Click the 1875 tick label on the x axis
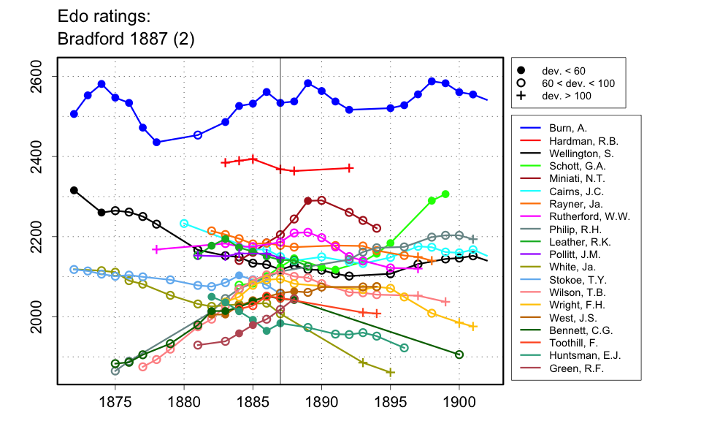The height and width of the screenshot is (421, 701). (115, 401)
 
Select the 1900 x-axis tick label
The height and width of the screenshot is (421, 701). (459, 401)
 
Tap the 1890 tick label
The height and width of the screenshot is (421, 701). (321, 401)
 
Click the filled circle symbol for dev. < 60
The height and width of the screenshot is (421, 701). (521, 70)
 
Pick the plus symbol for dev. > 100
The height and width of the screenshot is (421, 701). (521, 95)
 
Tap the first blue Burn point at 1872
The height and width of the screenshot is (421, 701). (74, 114)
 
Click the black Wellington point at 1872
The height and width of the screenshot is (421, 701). (74, 190)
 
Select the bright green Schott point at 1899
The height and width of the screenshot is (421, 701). (445, 194)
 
